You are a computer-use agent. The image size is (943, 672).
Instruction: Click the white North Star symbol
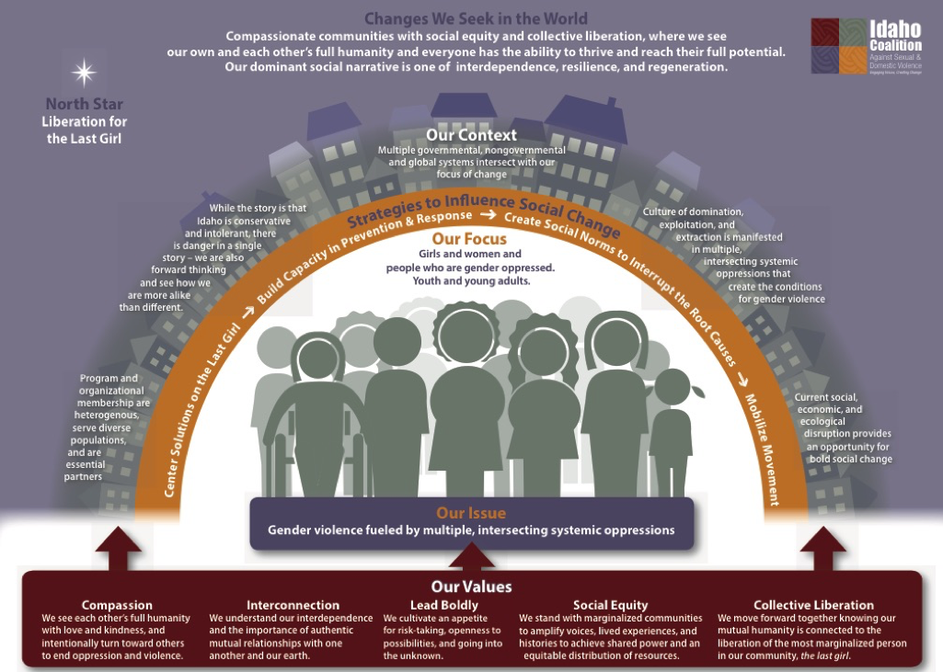click(x=85, y=73)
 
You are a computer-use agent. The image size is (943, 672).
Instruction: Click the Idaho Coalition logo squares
click(x=838, y=46)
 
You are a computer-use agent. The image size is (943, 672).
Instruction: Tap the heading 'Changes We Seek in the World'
click(x=476, y=18)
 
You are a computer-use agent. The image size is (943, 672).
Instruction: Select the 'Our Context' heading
click(x=471, y=135)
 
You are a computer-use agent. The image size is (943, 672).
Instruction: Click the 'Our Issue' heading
click(x=471, y=513)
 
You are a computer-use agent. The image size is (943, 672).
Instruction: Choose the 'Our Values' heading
click(x=471, y=587)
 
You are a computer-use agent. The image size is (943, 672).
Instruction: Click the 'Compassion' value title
click(x=117, y=605)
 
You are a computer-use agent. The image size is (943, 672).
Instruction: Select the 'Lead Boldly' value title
click(x=444, y=605)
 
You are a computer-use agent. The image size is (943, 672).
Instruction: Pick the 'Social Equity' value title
click(x=610, y=605)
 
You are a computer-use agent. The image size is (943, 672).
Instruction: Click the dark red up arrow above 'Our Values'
click(x=471, y=554)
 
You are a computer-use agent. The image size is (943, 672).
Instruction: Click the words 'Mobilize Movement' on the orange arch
click(x=764, y=450)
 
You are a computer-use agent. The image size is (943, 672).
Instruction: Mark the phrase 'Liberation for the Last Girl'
click(x=86, y=130)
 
